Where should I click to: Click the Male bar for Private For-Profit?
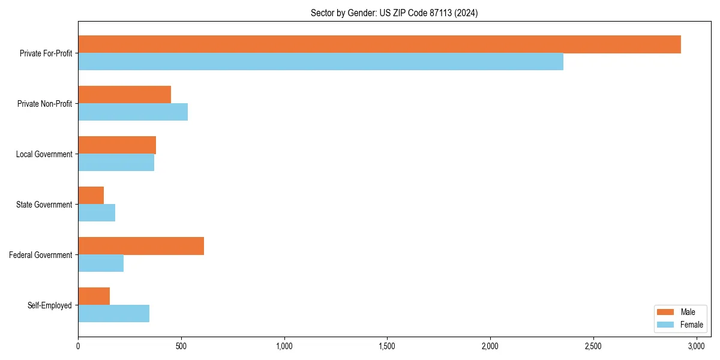(x=379, y=44)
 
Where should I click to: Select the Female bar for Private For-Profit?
(x=320, y=62)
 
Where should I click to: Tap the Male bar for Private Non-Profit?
(x=124, y=95)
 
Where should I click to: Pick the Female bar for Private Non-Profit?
(x=133, y=112)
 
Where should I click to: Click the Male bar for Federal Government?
(x=141, y=246)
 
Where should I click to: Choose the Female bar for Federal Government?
(x=101, y=263)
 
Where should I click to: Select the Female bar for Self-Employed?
(x=113, y=314)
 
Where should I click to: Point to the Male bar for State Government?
(x=91, y=196)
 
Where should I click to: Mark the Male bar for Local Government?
(x=117, y=145)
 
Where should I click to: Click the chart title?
(x=394, y=13)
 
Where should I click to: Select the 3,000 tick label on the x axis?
(x=696, y=346)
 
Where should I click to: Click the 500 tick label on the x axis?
(x=181, y=346)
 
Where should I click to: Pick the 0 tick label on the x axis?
(x=78, y=346)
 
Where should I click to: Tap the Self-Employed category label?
(x=50, y=305)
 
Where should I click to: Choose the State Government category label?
(x=44, y=205)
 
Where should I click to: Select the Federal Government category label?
(x=41, y=255)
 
